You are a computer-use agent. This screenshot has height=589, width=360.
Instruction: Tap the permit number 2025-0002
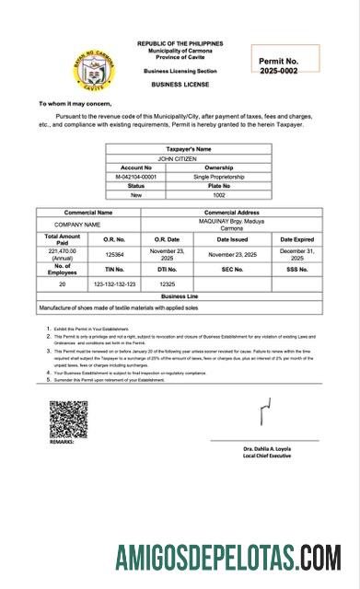(278, 71)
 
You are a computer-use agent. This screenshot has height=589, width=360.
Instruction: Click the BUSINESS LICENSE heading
(180, 84)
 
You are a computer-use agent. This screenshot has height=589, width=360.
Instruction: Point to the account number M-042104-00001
(136, 177)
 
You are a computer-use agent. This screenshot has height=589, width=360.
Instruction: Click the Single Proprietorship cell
(219, 177)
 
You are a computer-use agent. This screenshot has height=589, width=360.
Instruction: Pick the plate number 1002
(219, 195)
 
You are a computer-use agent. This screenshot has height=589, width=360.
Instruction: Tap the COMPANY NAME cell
(77, 225)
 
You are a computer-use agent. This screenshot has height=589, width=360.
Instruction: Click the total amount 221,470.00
(63, 253)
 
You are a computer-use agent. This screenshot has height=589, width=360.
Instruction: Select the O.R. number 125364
(115, 253)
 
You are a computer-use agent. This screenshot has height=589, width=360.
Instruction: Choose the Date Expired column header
(296, 238)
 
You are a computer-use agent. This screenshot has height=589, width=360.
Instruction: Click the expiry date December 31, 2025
(296, 253)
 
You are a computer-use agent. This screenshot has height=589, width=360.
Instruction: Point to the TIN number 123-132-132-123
(115, 284)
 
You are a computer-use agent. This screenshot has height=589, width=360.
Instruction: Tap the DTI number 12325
(167, 284)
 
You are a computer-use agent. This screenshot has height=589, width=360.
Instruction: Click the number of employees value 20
(63, 284)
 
